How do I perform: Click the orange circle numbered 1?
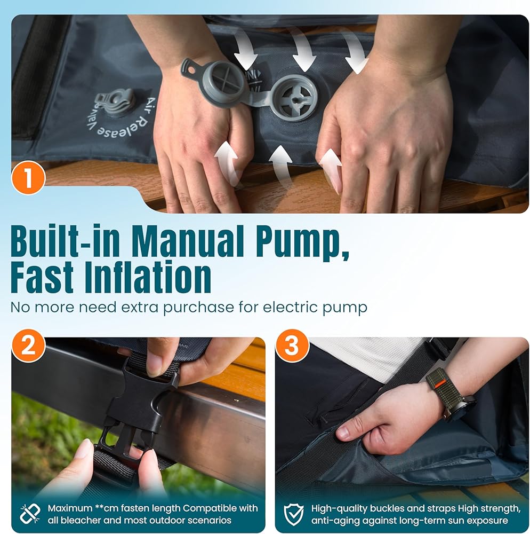point(29,177)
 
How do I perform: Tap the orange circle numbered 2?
point(29,345)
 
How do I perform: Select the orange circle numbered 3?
point(292,345)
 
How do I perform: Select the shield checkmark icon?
point(293,514)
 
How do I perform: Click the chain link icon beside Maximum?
point(30,514)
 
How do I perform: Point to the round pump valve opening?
point(295,98)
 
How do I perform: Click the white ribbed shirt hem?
point(371,358)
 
